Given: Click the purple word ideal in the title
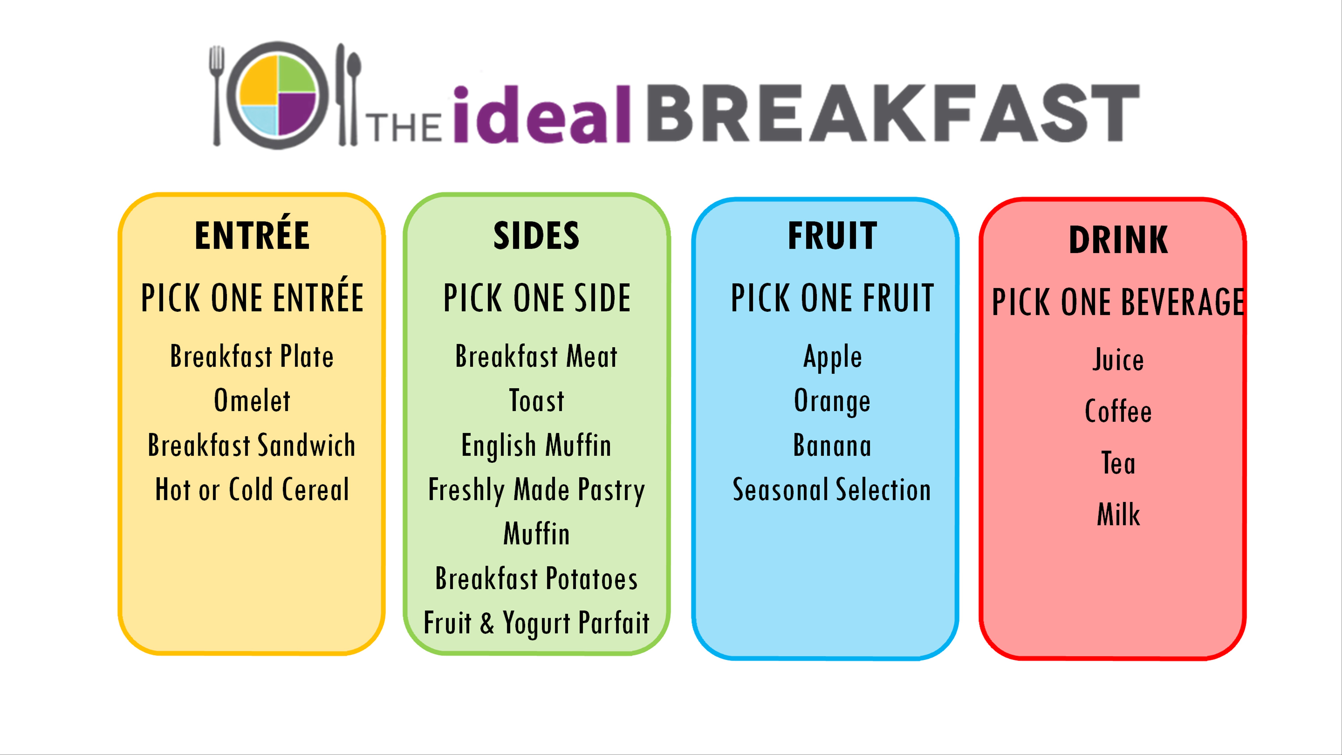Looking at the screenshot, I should pyautogui.click(x=542, y=115).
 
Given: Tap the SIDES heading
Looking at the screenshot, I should pyautogui.click(x=537, y=236).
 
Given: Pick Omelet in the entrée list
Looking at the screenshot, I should pyautogui.click(x=252, y=401).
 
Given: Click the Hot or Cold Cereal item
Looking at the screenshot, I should pyautogui.click(x=252, y=490).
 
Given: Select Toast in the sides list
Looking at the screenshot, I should pyautogui.click(x=537, y=401).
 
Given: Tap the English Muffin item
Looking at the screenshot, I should pyautogui.click(x=537, y=445).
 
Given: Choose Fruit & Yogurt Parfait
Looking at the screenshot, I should pyautogui.click(x=537, y=623).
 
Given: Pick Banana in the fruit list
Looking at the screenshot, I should pyautogui.click(x=832, y=445).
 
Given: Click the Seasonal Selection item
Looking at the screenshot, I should pyautogui.click(x=832, y=490).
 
